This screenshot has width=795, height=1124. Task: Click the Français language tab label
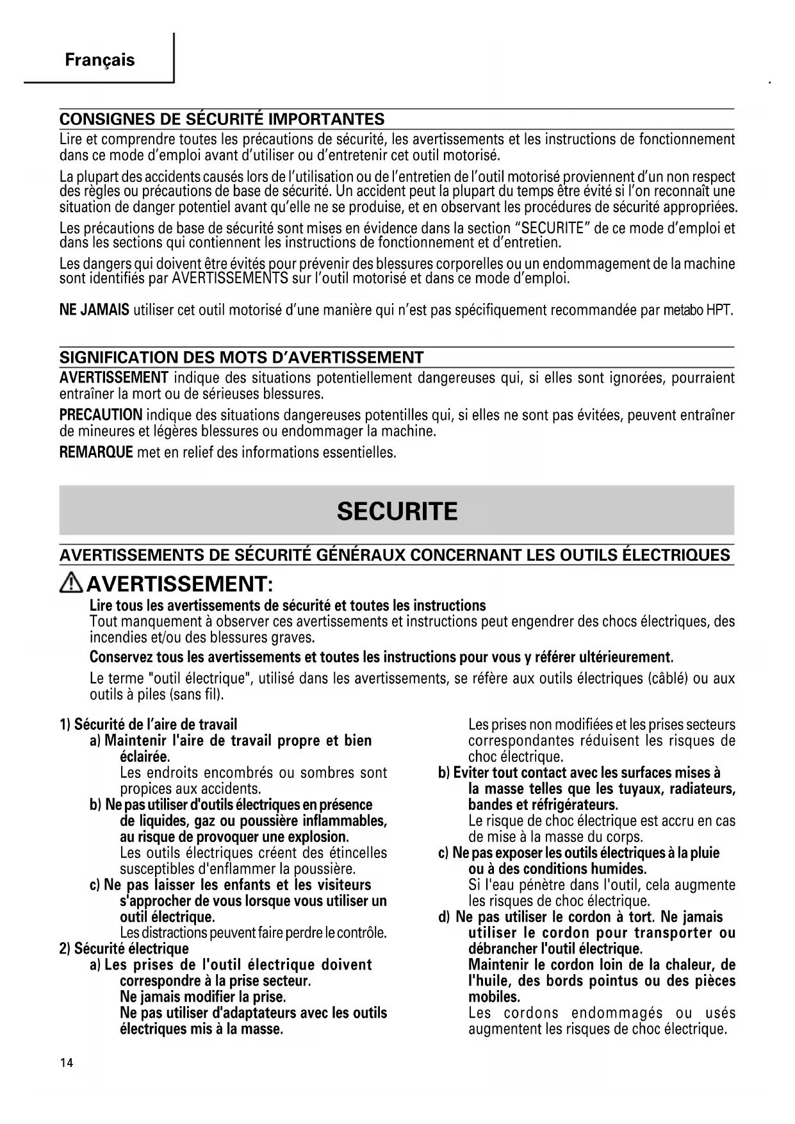tap(99, 60)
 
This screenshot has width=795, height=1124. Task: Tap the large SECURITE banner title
tap(397, 511)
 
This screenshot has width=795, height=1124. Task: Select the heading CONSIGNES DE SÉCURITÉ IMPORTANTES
tap(222, 119)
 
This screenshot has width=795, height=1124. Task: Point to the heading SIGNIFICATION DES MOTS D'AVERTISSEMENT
tap(242, 357)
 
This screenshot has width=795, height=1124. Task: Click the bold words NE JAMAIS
tap(94, 311)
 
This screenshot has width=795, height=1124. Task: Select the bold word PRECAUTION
tap(101, 415)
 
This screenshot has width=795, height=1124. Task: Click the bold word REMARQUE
tap(96, 452)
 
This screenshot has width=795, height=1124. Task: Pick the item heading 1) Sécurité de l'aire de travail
tap(148, 725)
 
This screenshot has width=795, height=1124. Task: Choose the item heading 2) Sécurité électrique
tap(124, 948)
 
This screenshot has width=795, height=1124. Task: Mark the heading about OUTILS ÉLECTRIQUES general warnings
tap(395, 555)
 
